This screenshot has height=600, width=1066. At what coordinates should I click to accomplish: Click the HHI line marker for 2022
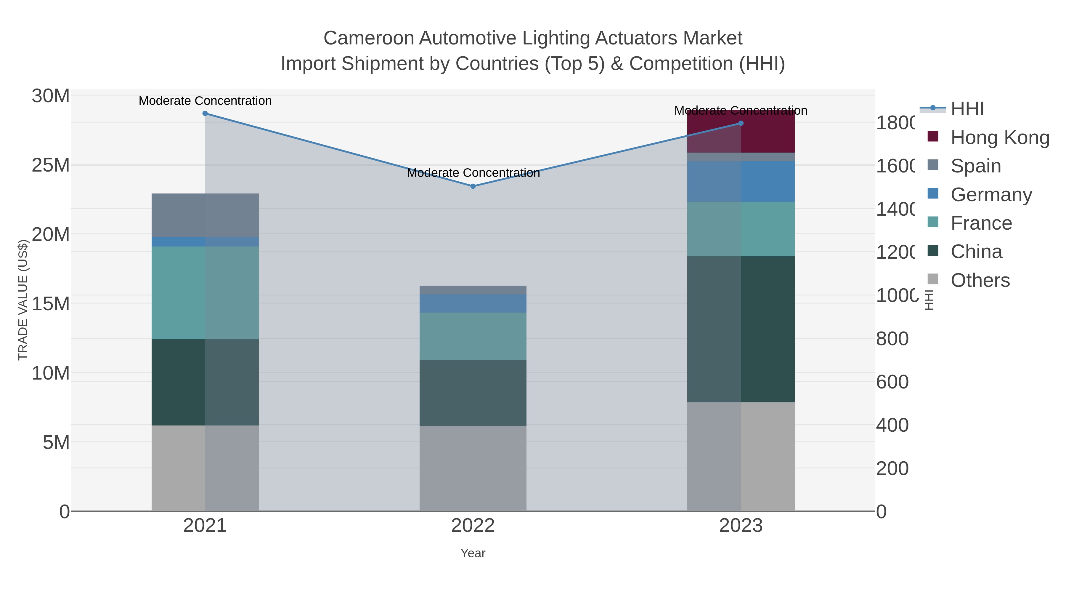tap(473, 186)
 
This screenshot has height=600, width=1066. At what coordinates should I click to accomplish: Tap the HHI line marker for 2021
tap(205, 113)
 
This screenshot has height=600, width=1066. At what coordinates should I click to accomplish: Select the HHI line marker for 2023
tap(741, 123)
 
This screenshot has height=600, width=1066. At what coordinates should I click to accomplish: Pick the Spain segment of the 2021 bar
tap(205, 215)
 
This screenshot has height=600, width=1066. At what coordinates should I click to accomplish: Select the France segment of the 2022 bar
tap(473, 336)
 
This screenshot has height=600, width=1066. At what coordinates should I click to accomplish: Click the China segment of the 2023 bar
tap(741, 329)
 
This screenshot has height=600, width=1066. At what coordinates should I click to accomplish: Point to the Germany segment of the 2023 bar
tap(741, 181)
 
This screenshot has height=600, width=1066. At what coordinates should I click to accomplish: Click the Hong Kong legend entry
tap(999, 137)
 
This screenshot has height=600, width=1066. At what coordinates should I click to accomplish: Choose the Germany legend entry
tap(991, 195)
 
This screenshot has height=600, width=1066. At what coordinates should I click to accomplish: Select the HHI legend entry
tap(967, 109)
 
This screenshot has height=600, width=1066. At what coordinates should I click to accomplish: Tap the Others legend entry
tap(980, 280)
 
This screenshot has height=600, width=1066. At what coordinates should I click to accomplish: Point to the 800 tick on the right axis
tap(892, 339)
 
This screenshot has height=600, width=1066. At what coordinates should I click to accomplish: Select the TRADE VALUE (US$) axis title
tap(23, 300)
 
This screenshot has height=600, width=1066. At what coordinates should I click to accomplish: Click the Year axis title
tap(473, 553)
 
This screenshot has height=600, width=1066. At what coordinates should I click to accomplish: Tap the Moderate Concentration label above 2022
tap(473, 173)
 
